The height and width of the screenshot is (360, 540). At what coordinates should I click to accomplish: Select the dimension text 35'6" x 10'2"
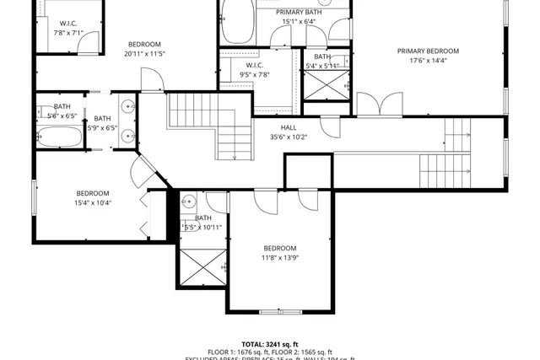click(x=289, y=137)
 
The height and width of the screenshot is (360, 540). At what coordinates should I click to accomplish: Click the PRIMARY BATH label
click(x=299, y=12)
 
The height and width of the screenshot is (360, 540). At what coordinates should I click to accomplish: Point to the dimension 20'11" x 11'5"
click(x=144, y=54)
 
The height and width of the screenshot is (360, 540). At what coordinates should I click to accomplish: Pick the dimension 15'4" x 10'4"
click(x=93, y=202)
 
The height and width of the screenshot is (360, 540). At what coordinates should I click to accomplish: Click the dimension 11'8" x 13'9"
click(x=281, y=258)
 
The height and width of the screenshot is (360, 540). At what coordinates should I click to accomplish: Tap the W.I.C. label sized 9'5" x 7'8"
click(x=254, y=65)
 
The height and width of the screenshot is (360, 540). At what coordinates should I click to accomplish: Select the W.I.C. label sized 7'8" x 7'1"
click(x=68, y=23)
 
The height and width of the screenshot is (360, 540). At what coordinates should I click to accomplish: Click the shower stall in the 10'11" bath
click(x=202, y=268)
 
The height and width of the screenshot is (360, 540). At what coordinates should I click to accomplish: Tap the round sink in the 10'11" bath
click(x=189, y=201)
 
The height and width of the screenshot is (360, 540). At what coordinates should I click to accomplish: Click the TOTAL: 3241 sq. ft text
click(x=270, y=344)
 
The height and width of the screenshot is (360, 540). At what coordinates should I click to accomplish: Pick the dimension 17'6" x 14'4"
click(x=434, y=61)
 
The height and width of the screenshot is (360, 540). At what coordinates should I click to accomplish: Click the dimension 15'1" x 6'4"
click(x=299, y=22)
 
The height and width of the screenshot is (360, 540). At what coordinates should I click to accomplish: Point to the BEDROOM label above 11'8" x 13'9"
click(x=281, y=248)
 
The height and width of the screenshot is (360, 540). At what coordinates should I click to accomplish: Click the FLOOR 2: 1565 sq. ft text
click(x=303, y=352)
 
